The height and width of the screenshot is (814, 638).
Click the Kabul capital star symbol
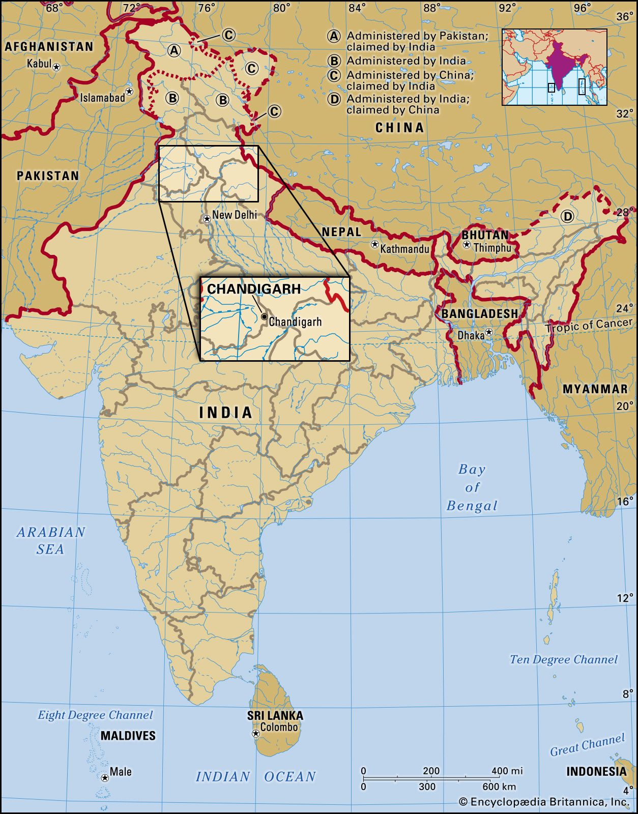[56, 67]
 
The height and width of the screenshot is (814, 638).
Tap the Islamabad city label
[102, 97]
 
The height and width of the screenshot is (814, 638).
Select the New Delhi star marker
[207, 219]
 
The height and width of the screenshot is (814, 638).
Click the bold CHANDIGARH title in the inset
[254, 289]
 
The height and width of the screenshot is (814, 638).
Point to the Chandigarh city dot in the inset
[264, 316]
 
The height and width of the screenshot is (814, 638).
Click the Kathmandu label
[404, 249]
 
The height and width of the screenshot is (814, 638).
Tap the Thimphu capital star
[467, 245]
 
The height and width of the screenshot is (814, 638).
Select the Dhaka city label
[471, 335]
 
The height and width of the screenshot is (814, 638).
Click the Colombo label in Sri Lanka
[279, 728]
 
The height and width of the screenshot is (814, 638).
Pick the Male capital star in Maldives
[105, 778]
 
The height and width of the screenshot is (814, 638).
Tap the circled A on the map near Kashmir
[174, 50]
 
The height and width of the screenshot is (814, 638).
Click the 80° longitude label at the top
[281, 8]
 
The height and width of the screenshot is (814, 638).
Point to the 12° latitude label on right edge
[625, 598]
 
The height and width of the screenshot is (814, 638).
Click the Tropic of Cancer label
[589, 325]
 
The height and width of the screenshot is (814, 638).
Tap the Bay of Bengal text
[472, 487]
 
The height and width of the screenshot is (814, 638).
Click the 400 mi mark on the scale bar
[507, 771]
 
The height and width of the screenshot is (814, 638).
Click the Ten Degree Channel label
[564, 659]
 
